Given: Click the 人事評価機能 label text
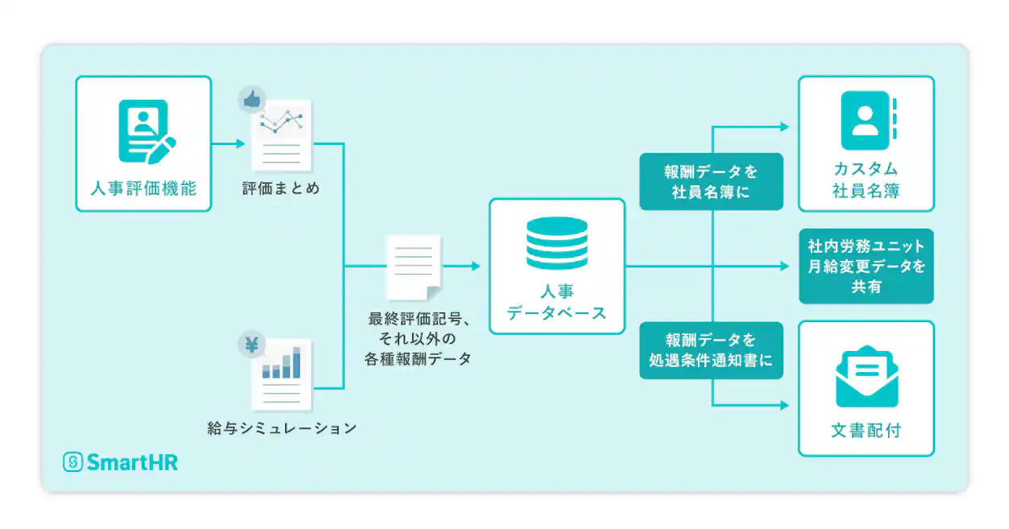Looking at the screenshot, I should pos(143,190).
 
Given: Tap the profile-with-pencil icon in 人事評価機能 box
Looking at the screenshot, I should pos(146,130).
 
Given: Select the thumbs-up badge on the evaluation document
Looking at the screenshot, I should pos(251,100).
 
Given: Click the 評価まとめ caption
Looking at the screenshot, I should pos(281,189).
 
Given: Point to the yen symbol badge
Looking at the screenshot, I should pos(251,345).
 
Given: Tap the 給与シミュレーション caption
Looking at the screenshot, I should pos(281,429).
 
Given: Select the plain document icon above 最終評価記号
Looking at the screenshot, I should pos(414,266).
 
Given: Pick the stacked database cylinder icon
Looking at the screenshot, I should pos(557,242).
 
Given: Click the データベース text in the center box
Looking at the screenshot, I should pos(557,313).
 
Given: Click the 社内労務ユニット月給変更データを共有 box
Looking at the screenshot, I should pos(866,267).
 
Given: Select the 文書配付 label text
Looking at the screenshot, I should pos(866,431).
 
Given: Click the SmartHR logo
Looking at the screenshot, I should pos(121,462).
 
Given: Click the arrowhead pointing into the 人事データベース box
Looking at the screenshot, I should pos(475,266).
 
